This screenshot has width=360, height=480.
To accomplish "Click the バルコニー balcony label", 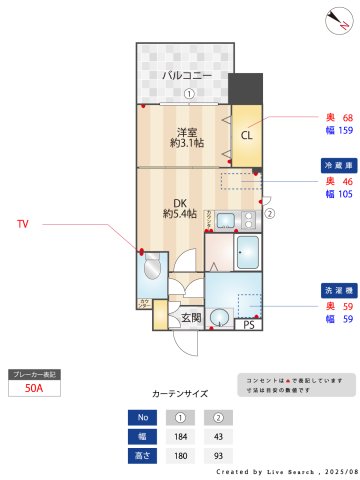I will coord(187,76).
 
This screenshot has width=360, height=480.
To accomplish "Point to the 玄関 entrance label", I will coord(189,318).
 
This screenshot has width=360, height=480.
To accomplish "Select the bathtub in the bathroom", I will coord(247,252).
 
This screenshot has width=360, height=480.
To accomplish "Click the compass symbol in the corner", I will coord(337,19).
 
